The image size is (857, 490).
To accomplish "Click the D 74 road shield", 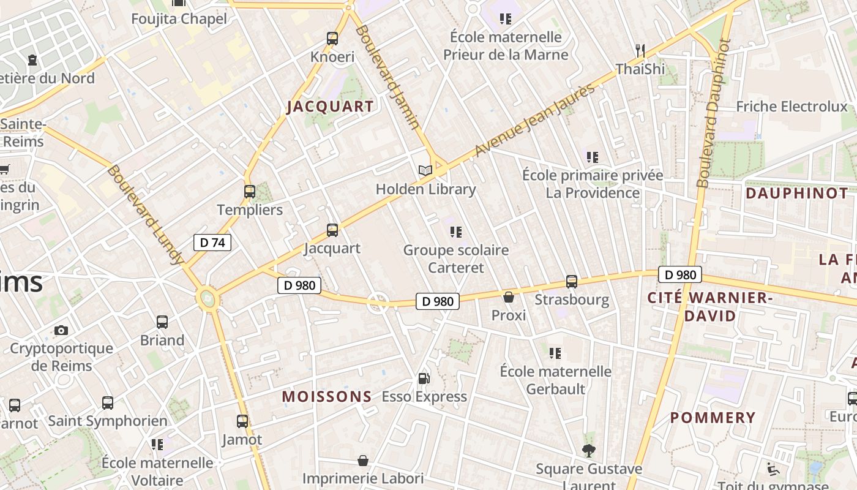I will (212, 243).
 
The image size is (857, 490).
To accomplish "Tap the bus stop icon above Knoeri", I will (332, 39).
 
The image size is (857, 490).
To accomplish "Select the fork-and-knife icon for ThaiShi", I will (640, 50).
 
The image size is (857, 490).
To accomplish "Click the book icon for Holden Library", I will (425, 170).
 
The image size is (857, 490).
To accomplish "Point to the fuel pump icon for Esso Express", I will (424, 379).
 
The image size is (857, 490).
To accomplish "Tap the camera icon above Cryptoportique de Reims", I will (61, 331).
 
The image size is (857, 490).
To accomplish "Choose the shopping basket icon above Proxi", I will (509, 297).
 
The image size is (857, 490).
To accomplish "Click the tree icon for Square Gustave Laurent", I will (589, 451).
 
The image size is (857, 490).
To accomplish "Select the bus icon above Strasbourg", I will (572, 282).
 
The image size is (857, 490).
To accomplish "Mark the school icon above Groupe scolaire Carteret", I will (455, 232).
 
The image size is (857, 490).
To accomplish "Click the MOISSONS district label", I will (327, 397).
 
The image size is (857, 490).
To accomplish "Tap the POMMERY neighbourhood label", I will (713, 418).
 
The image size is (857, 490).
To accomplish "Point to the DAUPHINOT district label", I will (797, 194).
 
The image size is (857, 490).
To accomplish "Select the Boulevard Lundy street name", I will (145, 214).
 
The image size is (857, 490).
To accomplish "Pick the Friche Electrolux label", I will (792, 107).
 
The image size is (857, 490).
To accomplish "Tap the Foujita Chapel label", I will (179, 19).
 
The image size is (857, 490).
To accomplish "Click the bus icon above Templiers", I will (249, 192).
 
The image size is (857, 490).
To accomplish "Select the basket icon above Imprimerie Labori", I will (363, 461).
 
